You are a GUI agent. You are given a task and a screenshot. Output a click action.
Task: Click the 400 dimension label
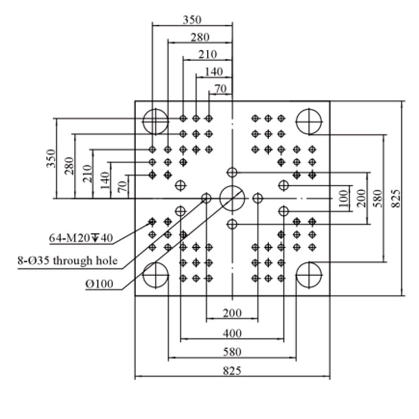click(x=232, y=334)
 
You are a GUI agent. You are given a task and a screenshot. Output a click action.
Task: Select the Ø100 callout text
click(x=100, y=284)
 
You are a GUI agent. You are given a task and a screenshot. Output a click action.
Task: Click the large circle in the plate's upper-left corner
click(x=142, y=122)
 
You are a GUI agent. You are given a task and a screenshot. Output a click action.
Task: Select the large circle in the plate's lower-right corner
click(x=296, y=275)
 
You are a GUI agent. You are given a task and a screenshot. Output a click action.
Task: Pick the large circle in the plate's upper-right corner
click(x=296, y=122)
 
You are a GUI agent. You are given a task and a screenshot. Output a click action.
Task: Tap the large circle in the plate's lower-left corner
click(x=142, y=275)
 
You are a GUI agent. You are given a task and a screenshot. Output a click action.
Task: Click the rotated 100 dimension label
click(x=344, y=199)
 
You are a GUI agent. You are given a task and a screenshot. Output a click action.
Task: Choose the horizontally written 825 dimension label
click(x=232, y=371)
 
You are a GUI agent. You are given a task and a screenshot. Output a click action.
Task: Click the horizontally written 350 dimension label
click(x=192, y=20)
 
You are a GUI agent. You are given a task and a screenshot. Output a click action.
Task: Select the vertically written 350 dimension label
click(x=51, y=159)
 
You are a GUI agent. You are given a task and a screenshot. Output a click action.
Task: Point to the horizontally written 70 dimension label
click(x=220, y=89)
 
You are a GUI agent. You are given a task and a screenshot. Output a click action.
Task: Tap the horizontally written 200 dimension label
click(x=232, y=313)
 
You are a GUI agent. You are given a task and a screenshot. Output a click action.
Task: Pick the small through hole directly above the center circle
click(x=232, y=172)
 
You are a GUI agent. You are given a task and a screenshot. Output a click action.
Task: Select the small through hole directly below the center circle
click(x=232, y=224)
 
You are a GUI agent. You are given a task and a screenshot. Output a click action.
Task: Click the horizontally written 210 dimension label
click(x=207, y=54)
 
